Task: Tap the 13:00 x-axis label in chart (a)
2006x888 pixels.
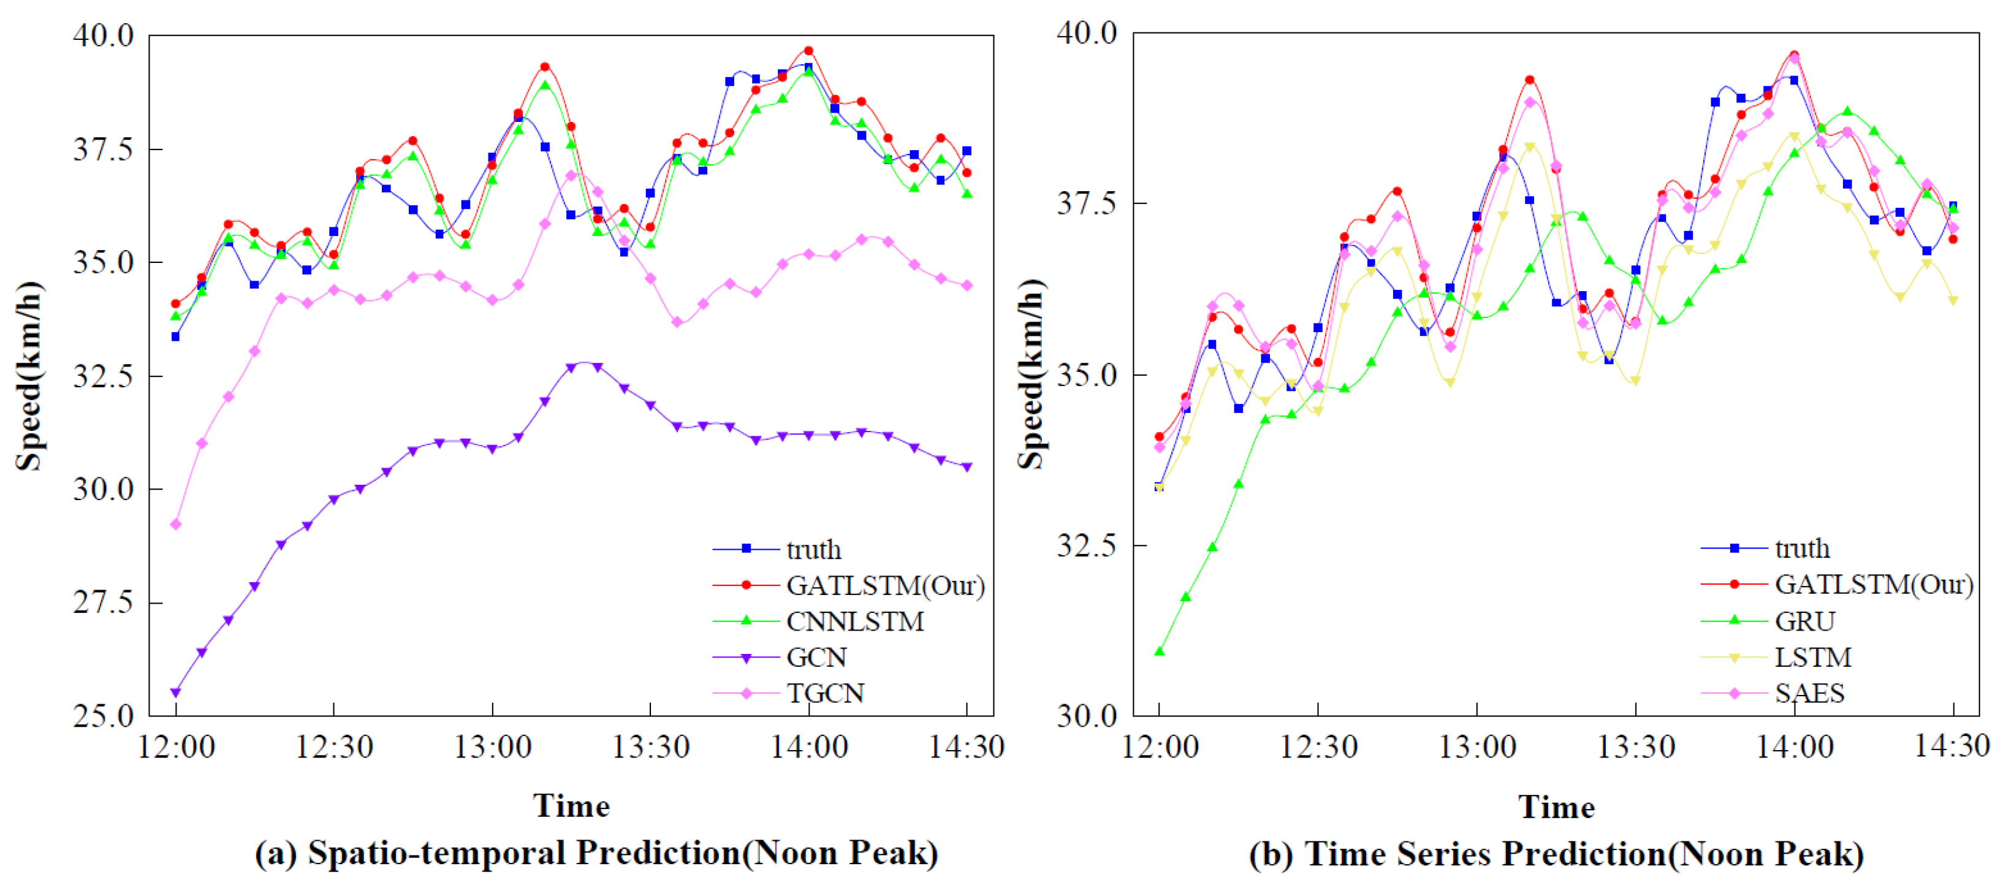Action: (x=492, y=747)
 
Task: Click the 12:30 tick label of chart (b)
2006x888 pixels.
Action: (x=1318, y=747)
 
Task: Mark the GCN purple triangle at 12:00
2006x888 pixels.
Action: (x=176, y=692)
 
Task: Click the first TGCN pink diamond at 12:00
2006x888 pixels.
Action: (x=176, y=524)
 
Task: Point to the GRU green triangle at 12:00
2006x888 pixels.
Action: (x=1160, y=651)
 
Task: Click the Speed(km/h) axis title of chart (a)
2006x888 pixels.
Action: (x=29, y=376)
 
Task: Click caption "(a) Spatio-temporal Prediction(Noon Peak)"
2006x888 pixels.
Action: (x=596, y=853)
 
